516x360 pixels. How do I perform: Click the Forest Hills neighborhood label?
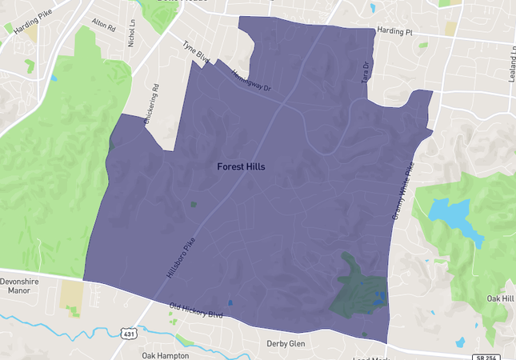[x=241, y=167]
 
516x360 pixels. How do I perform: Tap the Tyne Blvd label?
[x=195, y=54]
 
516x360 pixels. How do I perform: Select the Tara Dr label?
[x=366, y=71]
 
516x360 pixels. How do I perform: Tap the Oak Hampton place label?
[x=166, y=355]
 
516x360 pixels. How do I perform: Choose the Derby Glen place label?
[x=286, y=344]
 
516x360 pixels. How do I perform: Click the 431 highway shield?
[x=129, y=332]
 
